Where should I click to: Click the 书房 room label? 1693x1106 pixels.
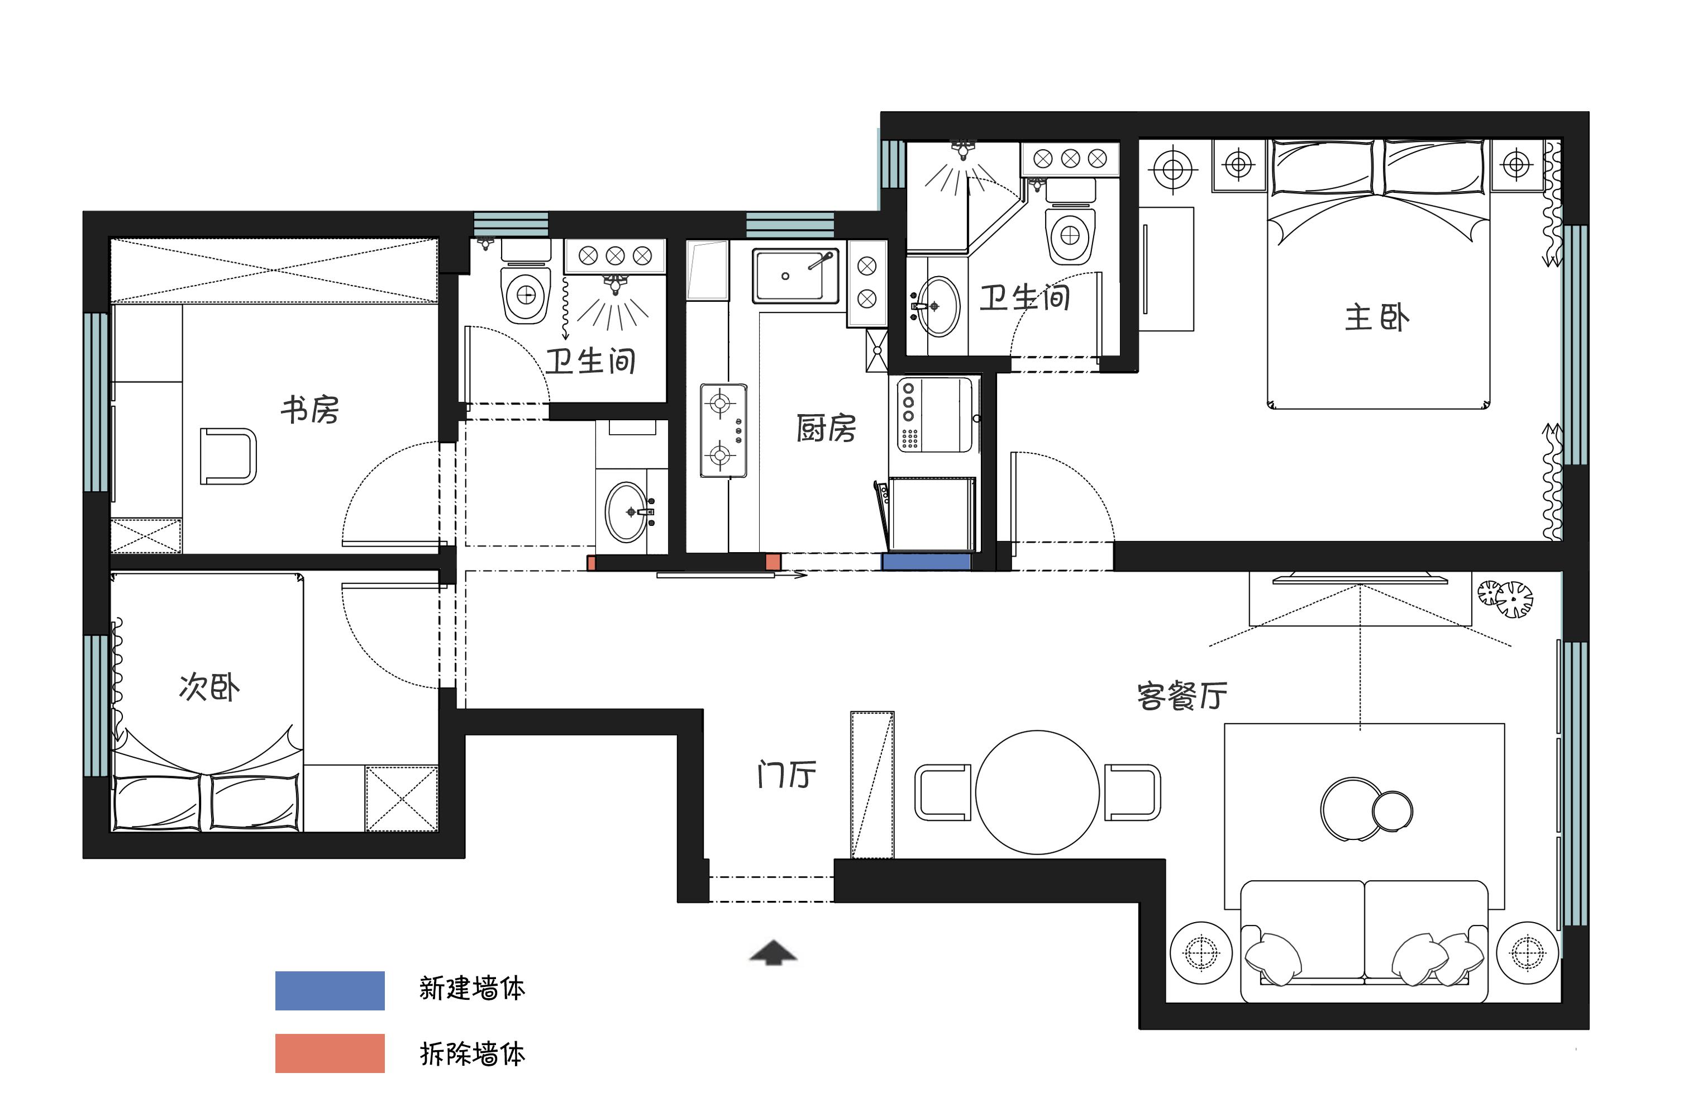309,410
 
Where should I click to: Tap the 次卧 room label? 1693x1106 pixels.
209,687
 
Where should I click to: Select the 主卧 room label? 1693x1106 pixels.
1376,317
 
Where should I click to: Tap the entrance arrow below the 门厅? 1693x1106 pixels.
773,952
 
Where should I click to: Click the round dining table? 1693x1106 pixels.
1037,792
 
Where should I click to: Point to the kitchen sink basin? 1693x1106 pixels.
795,276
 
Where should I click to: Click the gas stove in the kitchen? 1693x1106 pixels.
723,430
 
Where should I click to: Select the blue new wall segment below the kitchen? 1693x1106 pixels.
926,562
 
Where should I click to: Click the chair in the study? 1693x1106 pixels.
228,456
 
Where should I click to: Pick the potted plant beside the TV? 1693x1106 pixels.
1505,599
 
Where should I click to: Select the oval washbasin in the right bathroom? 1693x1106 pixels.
938,306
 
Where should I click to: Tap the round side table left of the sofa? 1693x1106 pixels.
1201,952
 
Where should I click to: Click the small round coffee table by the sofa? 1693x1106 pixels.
1392,811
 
